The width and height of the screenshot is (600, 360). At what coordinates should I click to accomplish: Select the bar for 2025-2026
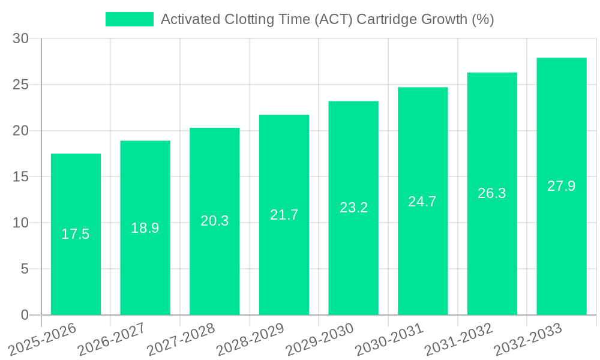(76, 234)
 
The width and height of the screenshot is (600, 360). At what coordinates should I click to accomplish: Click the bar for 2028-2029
(284, 215)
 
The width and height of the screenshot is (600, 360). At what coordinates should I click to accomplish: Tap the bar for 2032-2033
(562, 186)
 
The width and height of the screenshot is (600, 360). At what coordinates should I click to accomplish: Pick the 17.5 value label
(76, 234)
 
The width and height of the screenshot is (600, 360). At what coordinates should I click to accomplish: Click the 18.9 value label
(145, 228)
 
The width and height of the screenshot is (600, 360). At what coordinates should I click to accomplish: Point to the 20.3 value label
(215, 221)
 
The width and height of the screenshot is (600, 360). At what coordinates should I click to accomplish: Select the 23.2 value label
(353, 208)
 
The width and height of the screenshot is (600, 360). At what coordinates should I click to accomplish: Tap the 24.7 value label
(422, 202)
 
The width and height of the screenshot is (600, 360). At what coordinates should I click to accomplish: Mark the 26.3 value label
(492, 193)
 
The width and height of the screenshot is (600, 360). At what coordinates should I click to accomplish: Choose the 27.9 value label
(562, 186)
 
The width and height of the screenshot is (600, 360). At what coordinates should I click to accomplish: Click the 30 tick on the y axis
(20, 38)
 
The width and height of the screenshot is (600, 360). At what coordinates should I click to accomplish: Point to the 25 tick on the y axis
(20, 85)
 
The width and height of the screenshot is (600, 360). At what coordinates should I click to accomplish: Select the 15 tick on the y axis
(20, 177)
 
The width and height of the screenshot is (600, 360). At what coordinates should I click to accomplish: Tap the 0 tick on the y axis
(25, 315)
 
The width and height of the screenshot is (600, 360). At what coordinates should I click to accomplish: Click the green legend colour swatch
(130, 19)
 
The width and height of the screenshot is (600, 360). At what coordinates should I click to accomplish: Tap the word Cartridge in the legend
(387, 19)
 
